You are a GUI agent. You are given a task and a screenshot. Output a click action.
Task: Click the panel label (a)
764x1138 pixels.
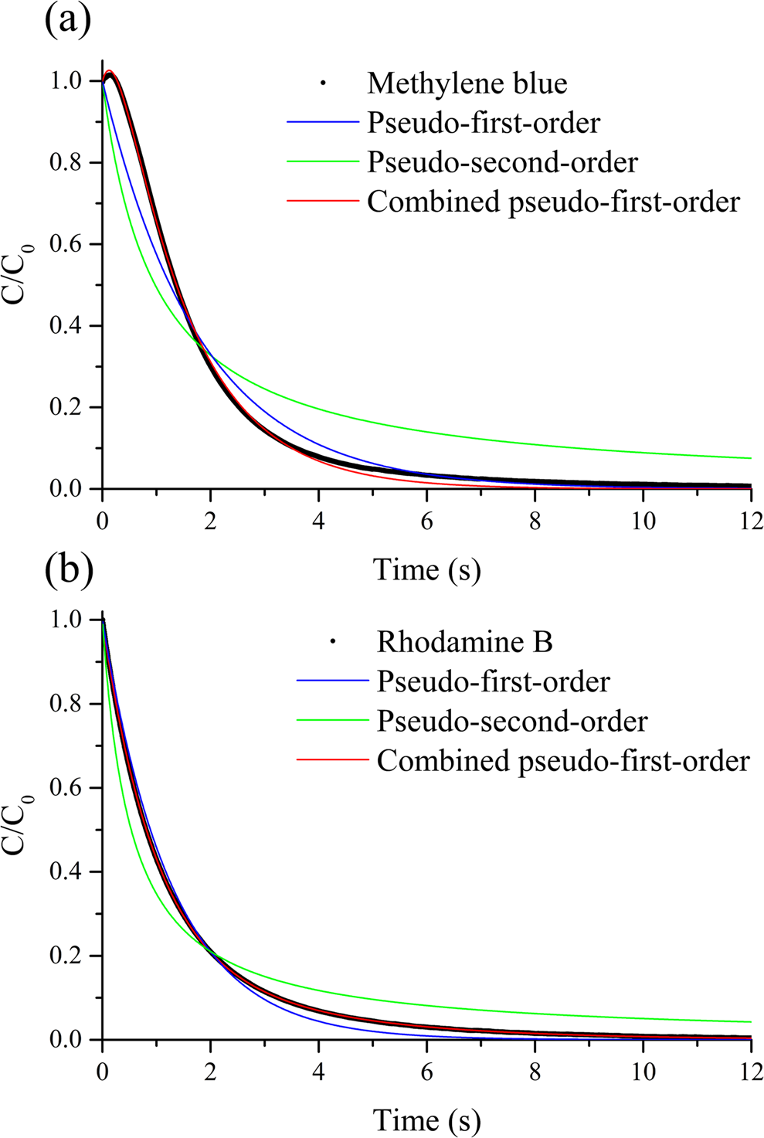(x=68, y=20)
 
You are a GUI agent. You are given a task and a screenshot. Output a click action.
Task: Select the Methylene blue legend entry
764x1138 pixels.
(x=467, y=83)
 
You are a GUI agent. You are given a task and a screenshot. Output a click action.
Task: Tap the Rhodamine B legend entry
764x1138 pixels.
(x=464, y=642)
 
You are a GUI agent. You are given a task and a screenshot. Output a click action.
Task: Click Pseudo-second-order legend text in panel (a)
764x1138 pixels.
(x=502, y=163)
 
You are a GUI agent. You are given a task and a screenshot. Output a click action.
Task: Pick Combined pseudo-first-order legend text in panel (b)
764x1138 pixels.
(x=563, y=761)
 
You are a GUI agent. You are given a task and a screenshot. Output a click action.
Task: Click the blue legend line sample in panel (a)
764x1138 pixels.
(x=323, y=123)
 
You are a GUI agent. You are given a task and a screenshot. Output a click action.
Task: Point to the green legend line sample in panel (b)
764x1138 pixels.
(x=333, y=721)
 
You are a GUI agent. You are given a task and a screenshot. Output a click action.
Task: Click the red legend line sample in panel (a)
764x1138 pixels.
(x=323, y=202)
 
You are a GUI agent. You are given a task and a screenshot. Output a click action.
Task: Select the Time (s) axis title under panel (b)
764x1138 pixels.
(x=426, y=1119)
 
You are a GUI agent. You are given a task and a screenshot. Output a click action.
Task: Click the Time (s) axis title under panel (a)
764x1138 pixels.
(x=426, y=570)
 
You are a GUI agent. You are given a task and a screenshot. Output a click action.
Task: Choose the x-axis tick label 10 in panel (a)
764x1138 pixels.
(x=643, y=521)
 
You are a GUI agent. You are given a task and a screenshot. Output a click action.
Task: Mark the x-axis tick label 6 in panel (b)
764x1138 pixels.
(x=426, y=1072)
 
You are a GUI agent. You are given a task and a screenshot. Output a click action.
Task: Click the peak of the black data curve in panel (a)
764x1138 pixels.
(x=111, y=75)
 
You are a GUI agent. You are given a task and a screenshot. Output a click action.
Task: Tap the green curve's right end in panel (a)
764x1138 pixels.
(x=750, y=458)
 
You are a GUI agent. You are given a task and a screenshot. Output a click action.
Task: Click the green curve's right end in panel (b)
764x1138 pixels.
(x=750, y=1022)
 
